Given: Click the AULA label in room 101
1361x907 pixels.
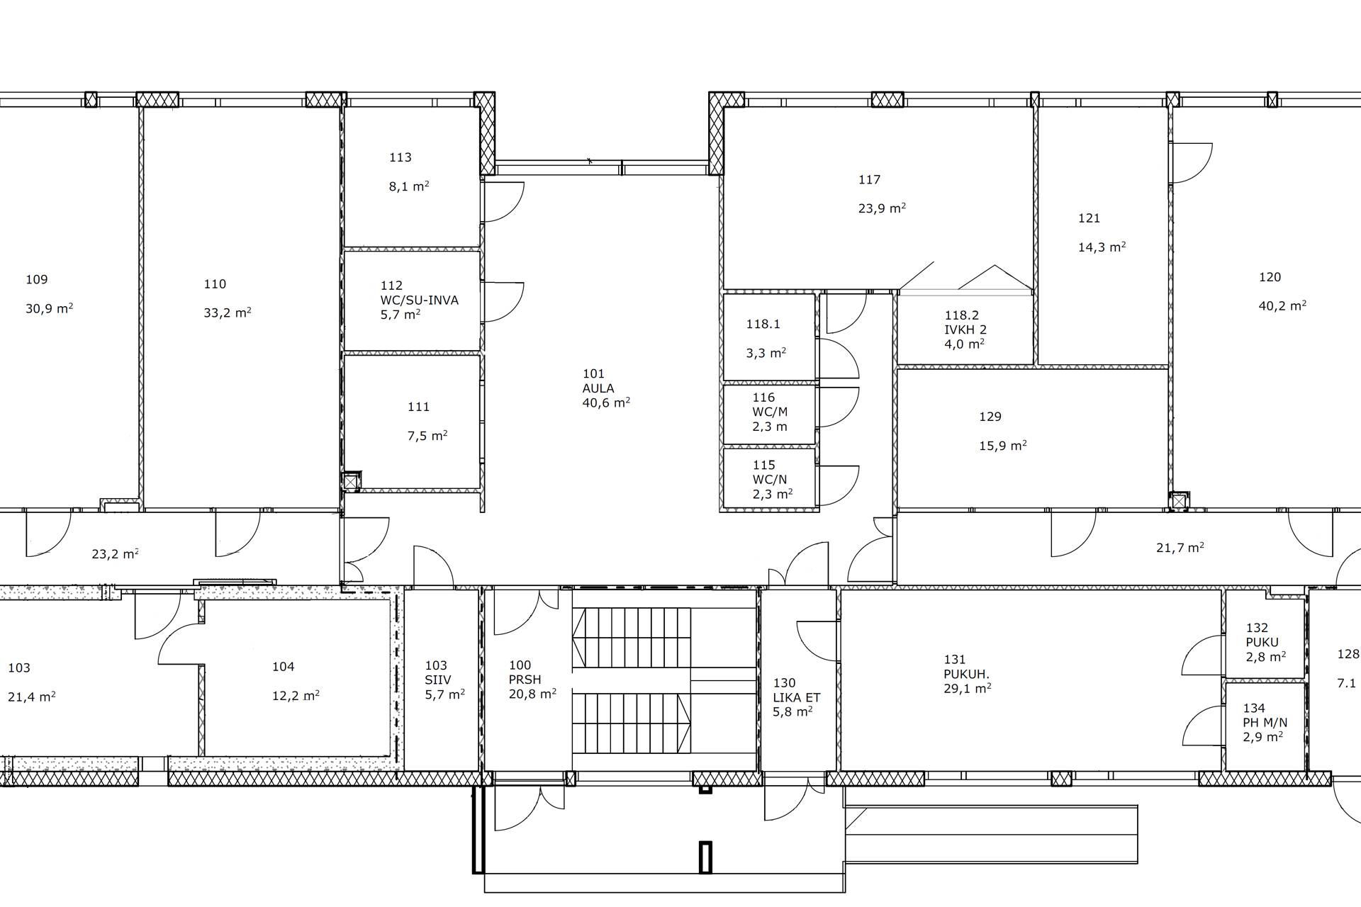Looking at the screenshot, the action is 598,388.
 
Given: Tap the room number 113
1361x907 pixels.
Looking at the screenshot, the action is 401,157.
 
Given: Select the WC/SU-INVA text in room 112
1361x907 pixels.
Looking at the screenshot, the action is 420,300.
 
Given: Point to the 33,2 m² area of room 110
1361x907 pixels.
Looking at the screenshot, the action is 228,312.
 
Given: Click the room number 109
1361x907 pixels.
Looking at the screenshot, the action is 37,279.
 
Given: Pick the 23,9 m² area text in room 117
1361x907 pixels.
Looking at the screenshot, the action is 883,208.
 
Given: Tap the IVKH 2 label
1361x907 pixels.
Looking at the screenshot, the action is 965,329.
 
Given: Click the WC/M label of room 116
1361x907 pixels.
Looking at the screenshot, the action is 770,412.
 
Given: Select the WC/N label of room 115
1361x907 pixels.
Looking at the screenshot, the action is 770,479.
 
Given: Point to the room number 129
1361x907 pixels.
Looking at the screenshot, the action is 990,417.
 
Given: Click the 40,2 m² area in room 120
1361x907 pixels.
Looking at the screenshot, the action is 1283,305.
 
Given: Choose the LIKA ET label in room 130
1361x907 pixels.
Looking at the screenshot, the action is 797,697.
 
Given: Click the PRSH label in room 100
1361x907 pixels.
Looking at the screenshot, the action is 525,680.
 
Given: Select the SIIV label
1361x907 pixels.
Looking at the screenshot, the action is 438,680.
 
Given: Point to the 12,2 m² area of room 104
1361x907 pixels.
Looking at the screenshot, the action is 296,696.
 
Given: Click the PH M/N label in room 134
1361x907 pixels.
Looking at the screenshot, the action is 1265,723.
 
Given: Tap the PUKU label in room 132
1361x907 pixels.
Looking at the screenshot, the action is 1262,642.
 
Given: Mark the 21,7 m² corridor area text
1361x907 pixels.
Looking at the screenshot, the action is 1180,548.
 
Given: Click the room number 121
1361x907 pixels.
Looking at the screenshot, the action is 1089,218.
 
